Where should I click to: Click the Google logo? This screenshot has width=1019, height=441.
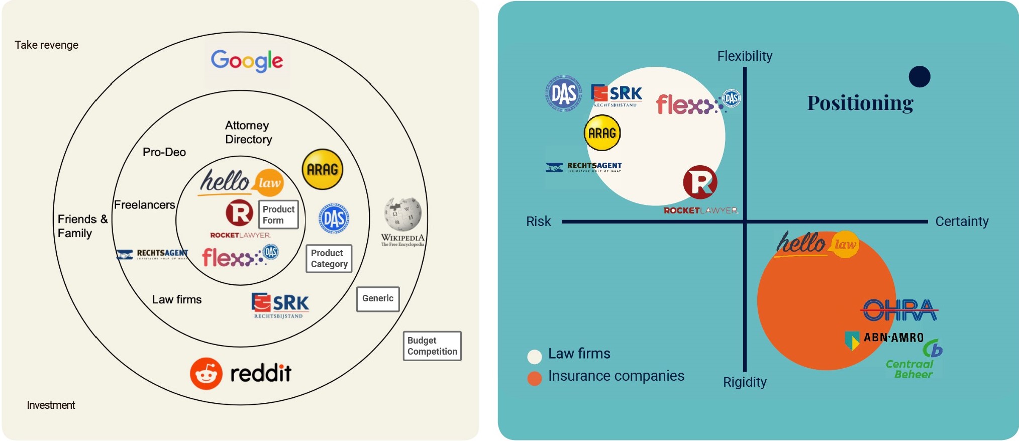click(x=247, y=61)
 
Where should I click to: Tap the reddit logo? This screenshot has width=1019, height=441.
click(x=241, y=373)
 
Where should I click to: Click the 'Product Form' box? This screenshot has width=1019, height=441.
click(x=278, y=214)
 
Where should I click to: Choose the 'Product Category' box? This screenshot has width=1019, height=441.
click(x=329, y=259)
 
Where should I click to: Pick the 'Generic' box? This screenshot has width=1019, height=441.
click(x=378, y=299)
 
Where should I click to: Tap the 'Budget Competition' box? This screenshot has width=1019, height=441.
click(x=432, y=346)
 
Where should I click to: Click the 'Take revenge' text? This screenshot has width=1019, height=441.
click(x=46, y=45)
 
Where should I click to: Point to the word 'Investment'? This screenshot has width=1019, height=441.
click(x=51, y=405)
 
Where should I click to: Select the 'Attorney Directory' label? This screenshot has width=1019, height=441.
click(x=248, y=132)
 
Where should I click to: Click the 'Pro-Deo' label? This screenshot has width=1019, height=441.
click(x=164, y=152)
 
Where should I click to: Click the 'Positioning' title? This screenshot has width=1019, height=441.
click(x=860, y=103)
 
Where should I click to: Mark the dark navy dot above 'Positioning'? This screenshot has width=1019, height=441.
click(x=920, y=77)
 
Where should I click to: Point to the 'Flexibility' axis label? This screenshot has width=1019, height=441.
click(x=745, y=56)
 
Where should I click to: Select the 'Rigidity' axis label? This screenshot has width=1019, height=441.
click(x=745, y=382)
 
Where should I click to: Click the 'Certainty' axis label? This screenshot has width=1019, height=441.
click(x=962, y=222)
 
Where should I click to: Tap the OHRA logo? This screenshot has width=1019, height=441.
click(x=900, y=310)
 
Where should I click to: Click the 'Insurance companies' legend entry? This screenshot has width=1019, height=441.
click(x=616, y=376)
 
